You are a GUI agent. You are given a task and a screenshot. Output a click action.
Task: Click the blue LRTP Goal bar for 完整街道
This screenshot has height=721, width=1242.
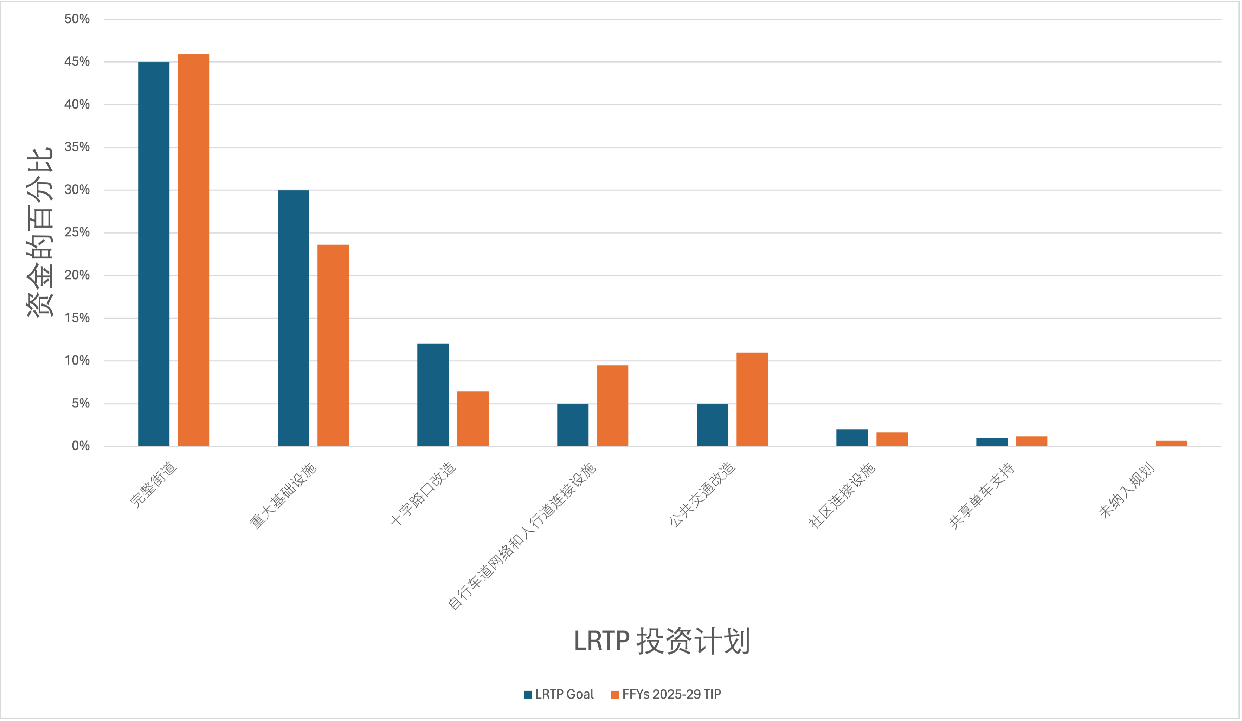click(x=154, y=254)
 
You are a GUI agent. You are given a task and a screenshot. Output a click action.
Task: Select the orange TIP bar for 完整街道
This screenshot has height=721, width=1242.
click(x=193, y=250)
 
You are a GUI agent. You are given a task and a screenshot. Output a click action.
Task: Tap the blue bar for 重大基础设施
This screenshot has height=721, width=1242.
click(x=293, y=317)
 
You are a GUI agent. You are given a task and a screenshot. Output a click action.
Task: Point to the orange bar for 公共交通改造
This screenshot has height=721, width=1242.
click(x=752, y=399)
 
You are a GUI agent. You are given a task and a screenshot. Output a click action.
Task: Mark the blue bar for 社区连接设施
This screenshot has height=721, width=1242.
click(x=852, y=437)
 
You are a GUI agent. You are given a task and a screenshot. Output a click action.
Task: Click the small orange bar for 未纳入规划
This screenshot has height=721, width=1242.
click(x=1171, y=443)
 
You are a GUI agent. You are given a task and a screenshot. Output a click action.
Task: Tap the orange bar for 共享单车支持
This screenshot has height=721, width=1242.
click(x=1031, y=441)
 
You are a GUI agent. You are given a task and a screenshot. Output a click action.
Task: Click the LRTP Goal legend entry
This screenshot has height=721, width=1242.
click(x=559, y=694)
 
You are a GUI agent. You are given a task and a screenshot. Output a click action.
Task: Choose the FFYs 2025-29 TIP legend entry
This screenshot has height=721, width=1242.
click(x=666, y=694)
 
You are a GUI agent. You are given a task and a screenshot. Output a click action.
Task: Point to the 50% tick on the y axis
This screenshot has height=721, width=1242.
click(x=77, y=19)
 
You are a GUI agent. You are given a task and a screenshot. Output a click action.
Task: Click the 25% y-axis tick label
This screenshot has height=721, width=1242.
click(x=77, y=232)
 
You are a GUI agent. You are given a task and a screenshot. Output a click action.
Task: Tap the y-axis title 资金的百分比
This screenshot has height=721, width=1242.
click(x=39, y=232)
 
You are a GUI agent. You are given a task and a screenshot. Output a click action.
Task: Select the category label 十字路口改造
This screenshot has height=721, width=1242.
click(x=423, y=493)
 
